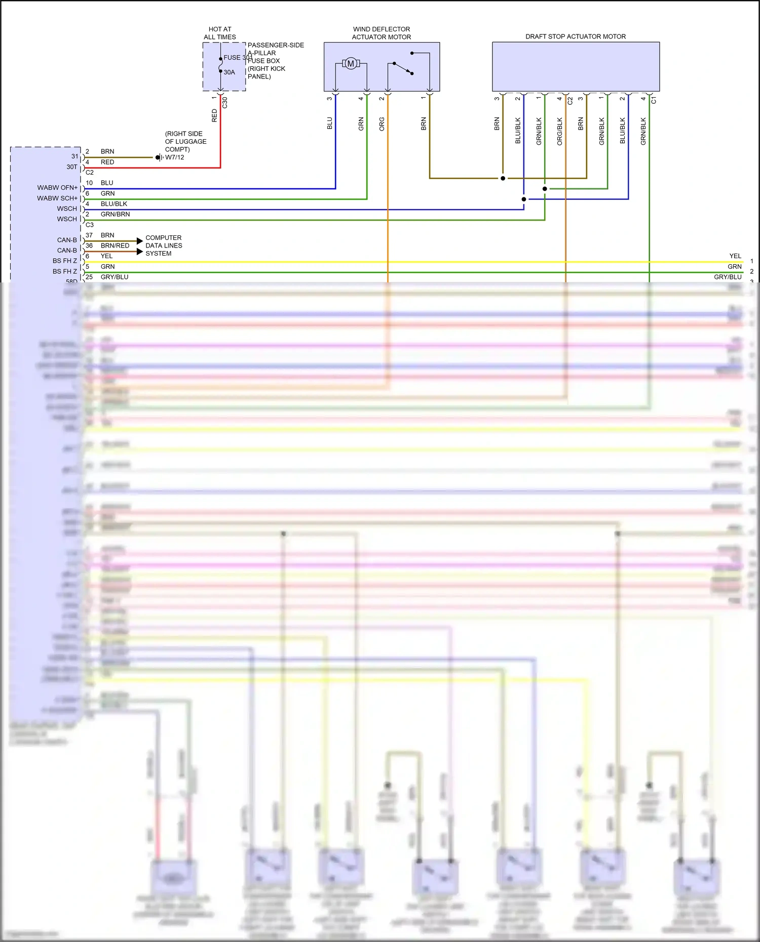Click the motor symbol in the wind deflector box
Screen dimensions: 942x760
point(351,64)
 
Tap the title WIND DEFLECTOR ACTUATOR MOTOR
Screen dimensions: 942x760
point(382,33)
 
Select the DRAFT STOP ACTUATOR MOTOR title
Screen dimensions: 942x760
point(576,36)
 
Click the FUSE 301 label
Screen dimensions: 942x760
point(237,58)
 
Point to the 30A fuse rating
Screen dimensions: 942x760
point(230,72)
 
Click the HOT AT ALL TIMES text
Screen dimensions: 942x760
point(220,33)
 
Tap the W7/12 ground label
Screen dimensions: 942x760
point(175,157)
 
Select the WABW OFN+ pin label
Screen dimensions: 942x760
point(57,188)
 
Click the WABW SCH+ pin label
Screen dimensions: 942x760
point(57,198)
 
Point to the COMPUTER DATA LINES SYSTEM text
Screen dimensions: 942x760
point(164,245)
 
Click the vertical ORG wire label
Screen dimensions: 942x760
point(382,124)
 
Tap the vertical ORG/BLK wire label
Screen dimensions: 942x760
point(560,132)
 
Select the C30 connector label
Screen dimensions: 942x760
point(225,102)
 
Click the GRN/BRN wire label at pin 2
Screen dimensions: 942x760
point(115,214)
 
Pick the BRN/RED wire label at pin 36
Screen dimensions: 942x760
point(115,245)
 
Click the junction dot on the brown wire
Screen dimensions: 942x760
point(503,178)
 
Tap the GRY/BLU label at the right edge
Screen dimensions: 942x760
point(728,277)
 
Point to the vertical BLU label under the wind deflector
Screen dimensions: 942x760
point(330,124)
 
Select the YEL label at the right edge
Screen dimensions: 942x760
point(735,256)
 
